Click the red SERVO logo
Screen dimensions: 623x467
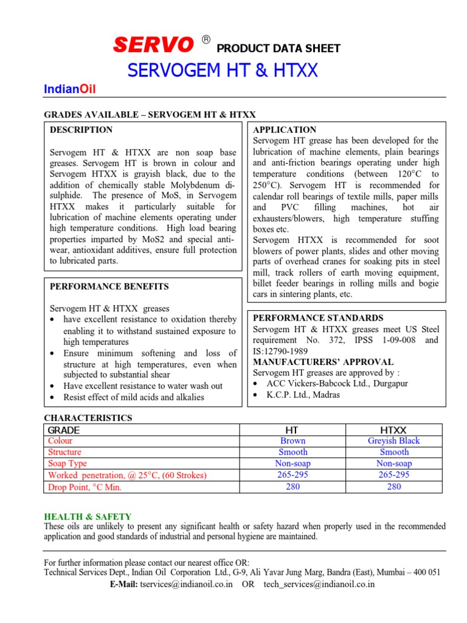pos(153,44)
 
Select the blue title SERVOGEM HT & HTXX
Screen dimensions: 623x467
pos(223,71)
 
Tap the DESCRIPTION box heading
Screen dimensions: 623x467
pos(81,130)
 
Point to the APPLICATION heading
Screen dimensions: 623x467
pos(285,130)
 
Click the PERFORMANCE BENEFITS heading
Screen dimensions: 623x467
pos(109,287)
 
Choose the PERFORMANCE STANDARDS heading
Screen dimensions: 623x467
pos(318,318)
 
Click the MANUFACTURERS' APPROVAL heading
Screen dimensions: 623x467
pos(323,362)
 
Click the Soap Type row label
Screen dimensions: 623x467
pos(67,464)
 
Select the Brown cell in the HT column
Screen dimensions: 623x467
pos(293,440)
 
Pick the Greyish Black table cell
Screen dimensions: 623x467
pos(393,440)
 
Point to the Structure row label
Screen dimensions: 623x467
pos(64,452)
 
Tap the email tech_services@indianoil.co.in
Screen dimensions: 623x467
pos(319,584)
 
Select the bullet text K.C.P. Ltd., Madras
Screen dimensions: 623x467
pos(296,395)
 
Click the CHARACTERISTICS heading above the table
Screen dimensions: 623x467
pos(88,418)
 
